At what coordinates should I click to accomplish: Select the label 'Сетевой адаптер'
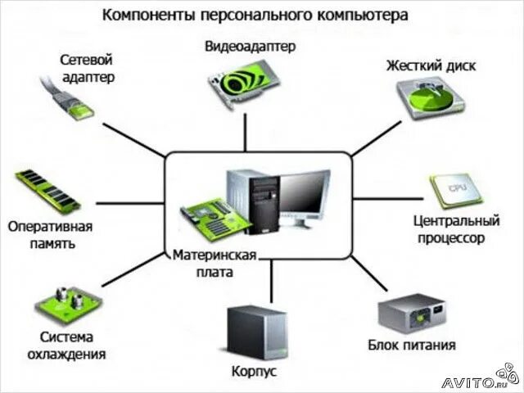point(86,68)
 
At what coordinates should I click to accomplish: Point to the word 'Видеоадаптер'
point(249,47)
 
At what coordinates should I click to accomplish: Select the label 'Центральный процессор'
point(455,229)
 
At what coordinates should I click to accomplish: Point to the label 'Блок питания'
point(411,346)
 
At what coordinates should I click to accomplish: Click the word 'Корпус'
point(254,372)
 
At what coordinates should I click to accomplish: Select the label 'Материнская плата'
point(215,263)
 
